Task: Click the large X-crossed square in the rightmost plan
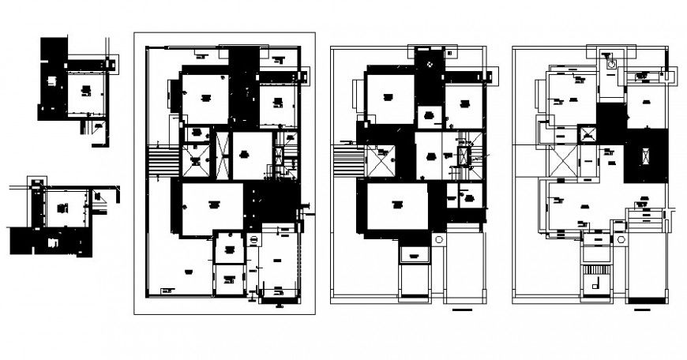click(x=562, y=163)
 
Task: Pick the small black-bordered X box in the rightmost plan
click(x=588, y=135)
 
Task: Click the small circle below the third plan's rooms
click(x=437, y=238)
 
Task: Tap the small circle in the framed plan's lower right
click(x=254, y=240)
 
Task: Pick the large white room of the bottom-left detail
click(x=63, y=209)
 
